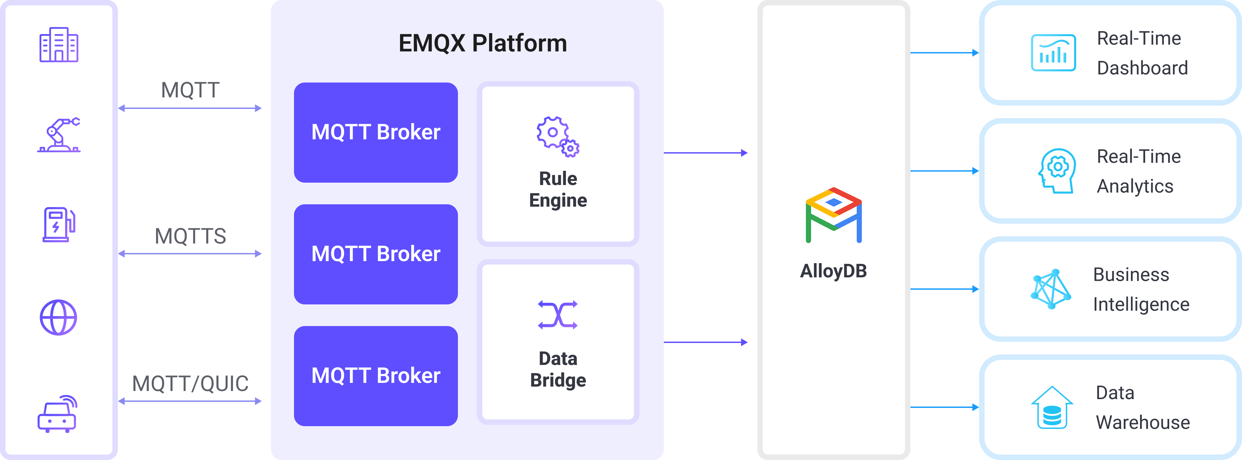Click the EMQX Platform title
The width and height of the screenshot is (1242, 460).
483,43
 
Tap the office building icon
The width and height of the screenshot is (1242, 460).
59,45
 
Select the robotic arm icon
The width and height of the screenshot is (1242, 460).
59,135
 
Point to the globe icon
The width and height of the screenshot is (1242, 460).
58,317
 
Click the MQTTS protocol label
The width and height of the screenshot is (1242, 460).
190,236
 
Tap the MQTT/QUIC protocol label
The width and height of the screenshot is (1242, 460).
190,384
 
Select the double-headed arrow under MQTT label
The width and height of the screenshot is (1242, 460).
190,108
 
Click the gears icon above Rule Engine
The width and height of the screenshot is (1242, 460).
558,136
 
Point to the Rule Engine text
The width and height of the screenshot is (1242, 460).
558,189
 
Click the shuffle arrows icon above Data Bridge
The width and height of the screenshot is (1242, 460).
558,315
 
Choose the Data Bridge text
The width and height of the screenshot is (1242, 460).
558,369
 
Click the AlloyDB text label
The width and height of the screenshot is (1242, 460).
834,271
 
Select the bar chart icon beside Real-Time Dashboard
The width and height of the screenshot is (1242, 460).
1053,53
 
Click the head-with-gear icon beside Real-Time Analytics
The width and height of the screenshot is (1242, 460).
1056,171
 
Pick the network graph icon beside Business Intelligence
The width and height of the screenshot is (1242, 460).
1051,289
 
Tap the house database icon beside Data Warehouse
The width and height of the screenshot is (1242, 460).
1052,408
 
